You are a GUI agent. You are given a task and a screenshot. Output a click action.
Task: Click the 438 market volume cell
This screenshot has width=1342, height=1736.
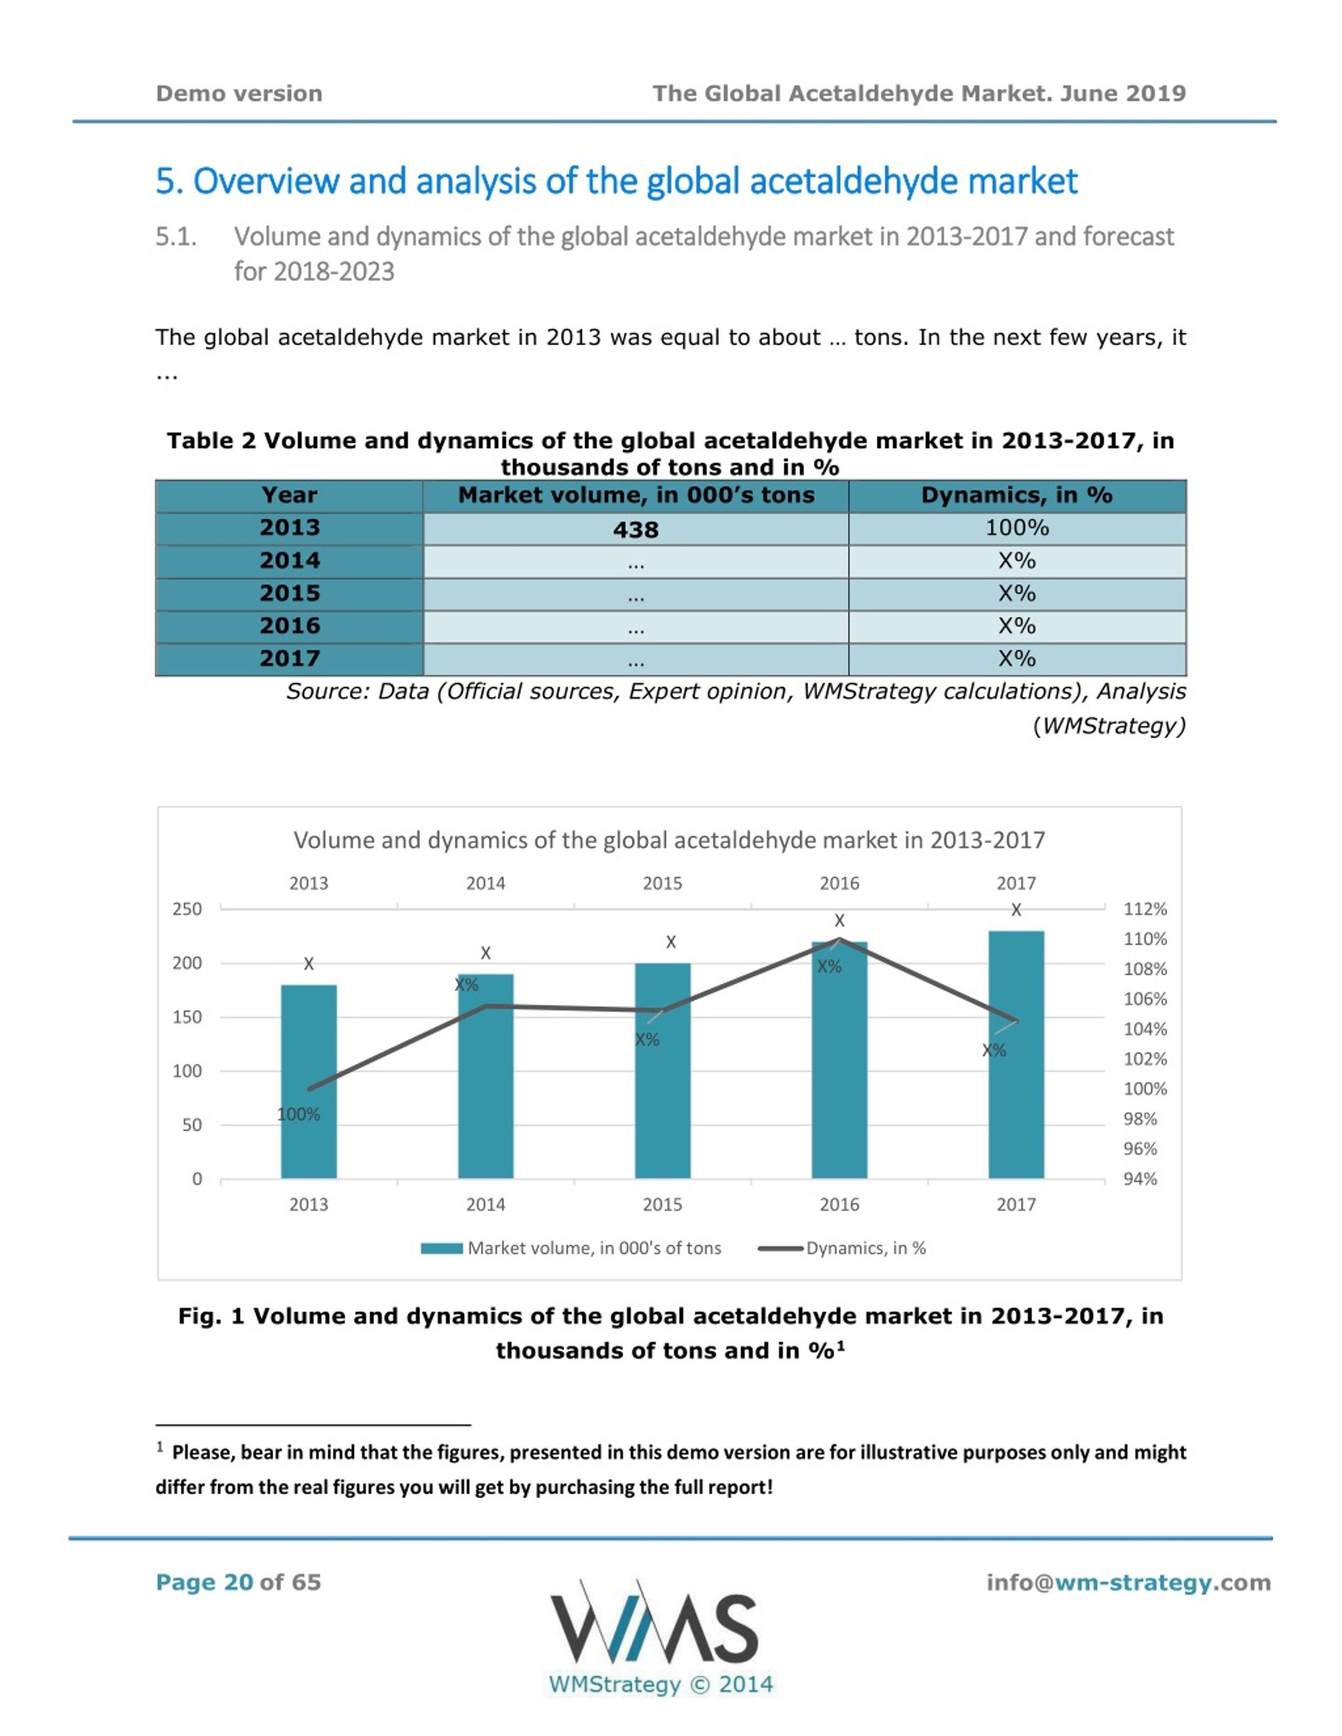click(x=635, y=529)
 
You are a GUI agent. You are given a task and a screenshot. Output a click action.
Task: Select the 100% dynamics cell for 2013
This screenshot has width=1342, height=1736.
click(x=1017, y=529)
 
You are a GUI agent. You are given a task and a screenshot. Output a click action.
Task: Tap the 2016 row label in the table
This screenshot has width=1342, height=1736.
click(x=289, y=626)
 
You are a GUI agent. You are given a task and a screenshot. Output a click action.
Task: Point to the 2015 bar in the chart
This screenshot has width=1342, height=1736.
click(x=662, y=1071)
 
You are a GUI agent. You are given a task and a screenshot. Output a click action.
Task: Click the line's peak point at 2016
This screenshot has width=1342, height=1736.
click(x=840, y=940)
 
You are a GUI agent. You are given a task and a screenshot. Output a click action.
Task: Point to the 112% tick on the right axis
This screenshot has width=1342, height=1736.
click(x=1145, y=909)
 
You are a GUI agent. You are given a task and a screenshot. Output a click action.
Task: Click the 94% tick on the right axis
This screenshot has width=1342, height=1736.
click(x=1140, y=1179)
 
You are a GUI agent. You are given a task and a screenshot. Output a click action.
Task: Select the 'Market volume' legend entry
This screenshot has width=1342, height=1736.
click(x=571, y=1248)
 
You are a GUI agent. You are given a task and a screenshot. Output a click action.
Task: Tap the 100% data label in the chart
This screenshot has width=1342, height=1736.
click(x=298, y=1115)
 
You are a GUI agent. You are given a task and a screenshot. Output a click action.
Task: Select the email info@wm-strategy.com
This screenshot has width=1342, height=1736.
click(x=1128, y=1582)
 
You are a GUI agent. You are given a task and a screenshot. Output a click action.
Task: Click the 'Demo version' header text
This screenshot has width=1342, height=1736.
click(x=239, y=94)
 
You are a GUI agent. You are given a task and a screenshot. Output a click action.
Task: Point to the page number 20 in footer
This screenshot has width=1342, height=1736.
click(x=239, y=1582)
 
